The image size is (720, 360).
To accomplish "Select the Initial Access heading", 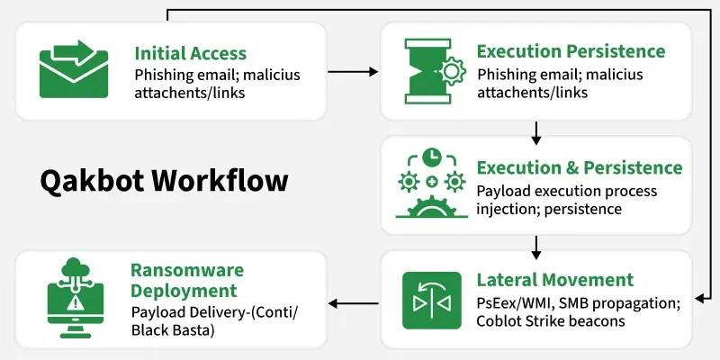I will [x=190, y=53].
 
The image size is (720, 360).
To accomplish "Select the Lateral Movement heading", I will [x=554, y=280].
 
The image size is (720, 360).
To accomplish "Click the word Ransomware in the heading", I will [x=186, y=271].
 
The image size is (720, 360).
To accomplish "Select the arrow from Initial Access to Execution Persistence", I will [x=352, y=69].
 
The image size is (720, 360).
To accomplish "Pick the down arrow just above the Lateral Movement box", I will [x=536, y=245].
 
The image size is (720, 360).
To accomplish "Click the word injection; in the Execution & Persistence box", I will [x=507, y=210].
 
